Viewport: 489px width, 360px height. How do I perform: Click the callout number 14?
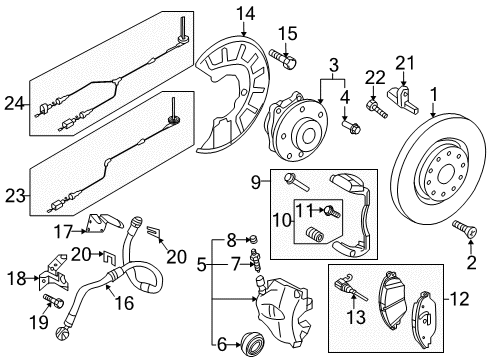[x=246, y=14]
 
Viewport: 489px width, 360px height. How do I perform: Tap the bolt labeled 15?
[x=282, y=59]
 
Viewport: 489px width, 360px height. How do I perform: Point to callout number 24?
[x=14, y=104]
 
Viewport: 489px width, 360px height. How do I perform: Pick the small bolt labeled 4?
[x=351, y=127]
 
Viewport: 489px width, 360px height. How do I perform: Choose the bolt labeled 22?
[x=377, y=109]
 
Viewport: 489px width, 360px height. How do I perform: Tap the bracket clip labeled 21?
[x=403, y=98]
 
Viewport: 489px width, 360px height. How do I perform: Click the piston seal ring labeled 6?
[x=253, y=344]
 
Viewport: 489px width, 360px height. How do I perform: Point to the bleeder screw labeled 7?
[x=257, y=259]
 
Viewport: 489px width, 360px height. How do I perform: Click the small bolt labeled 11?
[x=332, y=211]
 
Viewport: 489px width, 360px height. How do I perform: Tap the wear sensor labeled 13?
[x=350, y=288]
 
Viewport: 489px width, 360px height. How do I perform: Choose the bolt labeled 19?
[x=53, y=300]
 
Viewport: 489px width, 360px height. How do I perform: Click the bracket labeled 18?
[x=54, y=274]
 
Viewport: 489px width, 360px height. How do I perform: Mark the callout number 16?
[x=124, y=303]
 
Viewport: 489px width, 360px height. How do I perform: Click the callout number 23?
[x=15, y=196]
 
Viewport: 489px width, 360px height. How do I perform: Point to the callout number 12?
[x=460, y=299]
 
